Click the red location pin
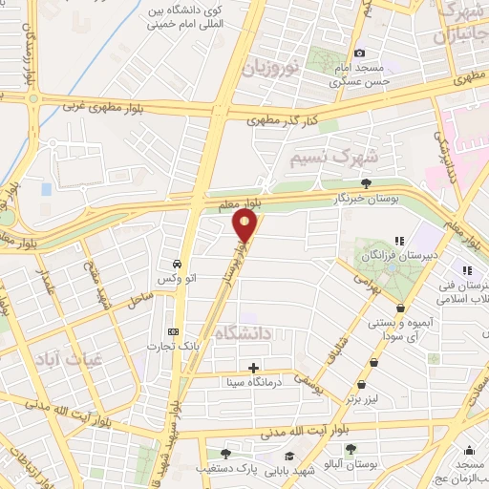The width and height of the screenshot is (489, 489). coord(245,225)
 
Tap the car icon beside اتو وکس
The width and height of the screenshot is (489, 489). coord(178,263)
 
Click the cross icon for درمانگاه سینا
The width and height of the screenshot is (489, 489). coord(253,368)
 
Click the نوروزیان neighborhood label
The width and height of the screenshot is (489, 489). coord(270,67)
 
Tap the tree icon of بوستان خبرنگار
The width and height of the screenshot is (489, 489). coord(367,182)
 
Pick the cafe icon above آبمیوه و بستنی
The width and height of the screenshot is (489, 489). coord(399,308)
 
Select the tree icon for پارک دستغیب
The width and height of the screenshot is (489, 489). coord(225,454)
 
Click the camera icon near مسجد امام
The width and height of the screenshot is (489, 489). coord(359,53)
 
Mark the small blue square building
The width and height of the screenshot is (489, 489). coord(46,189)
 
